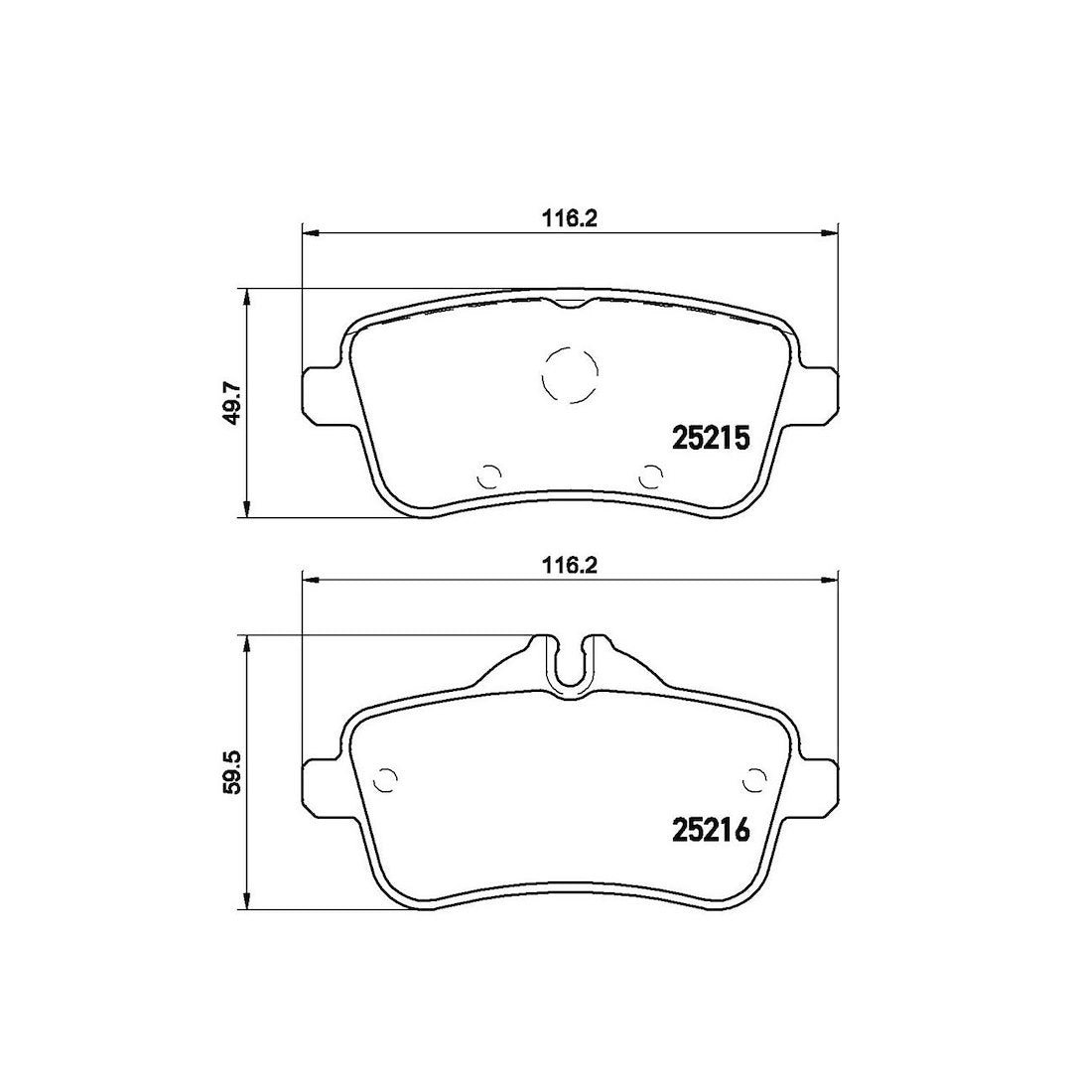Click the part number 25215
712,438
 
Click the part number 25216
712,830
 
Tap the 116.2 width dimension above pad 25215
569,219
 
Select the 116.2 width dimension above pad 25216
569,566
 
